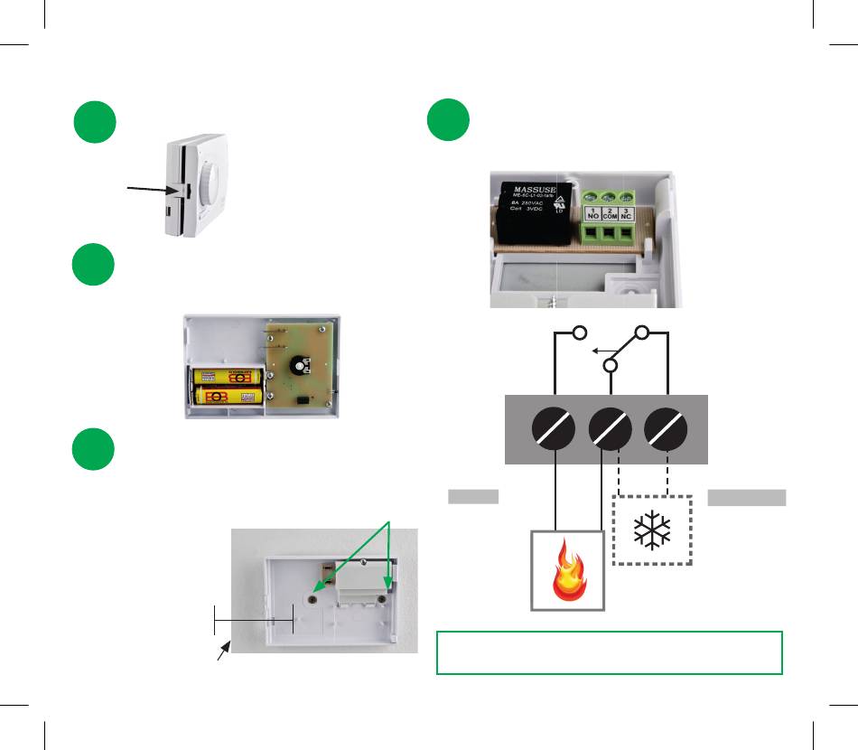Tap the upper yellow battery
(x=226, y=376)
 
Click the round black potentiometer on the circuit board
(x=299, y=367)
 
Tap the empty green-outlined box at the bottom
(x=609, y=652)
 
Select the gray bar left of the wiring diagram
(x=473, y=496)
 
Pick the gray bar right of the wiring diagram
(x=747, y=496)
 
